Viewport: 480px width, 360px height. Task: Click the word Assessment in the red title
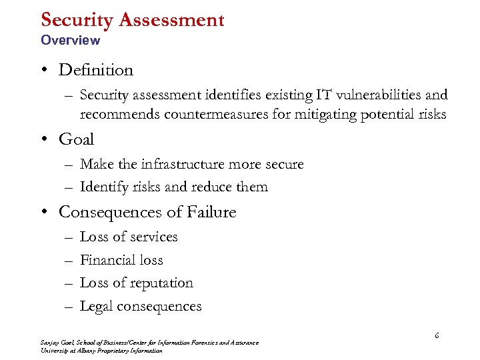click(172, 20)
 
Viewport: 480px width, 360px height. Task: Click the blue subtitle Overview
click(70, 40)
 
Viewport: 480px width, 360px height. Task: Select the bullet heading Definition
click(96, 70)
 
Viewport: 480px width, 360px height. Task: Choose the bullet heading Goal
click(77, 139)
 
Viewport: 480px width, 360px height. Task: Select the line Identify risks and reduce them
click(173, 187)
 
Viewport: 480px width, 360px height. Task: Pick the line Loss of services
click(129, 237)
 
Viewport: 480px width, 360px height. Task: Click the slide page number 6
click(437, 336)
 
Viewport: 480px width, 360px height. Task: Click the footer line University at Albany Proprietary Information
click(101, 351)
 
